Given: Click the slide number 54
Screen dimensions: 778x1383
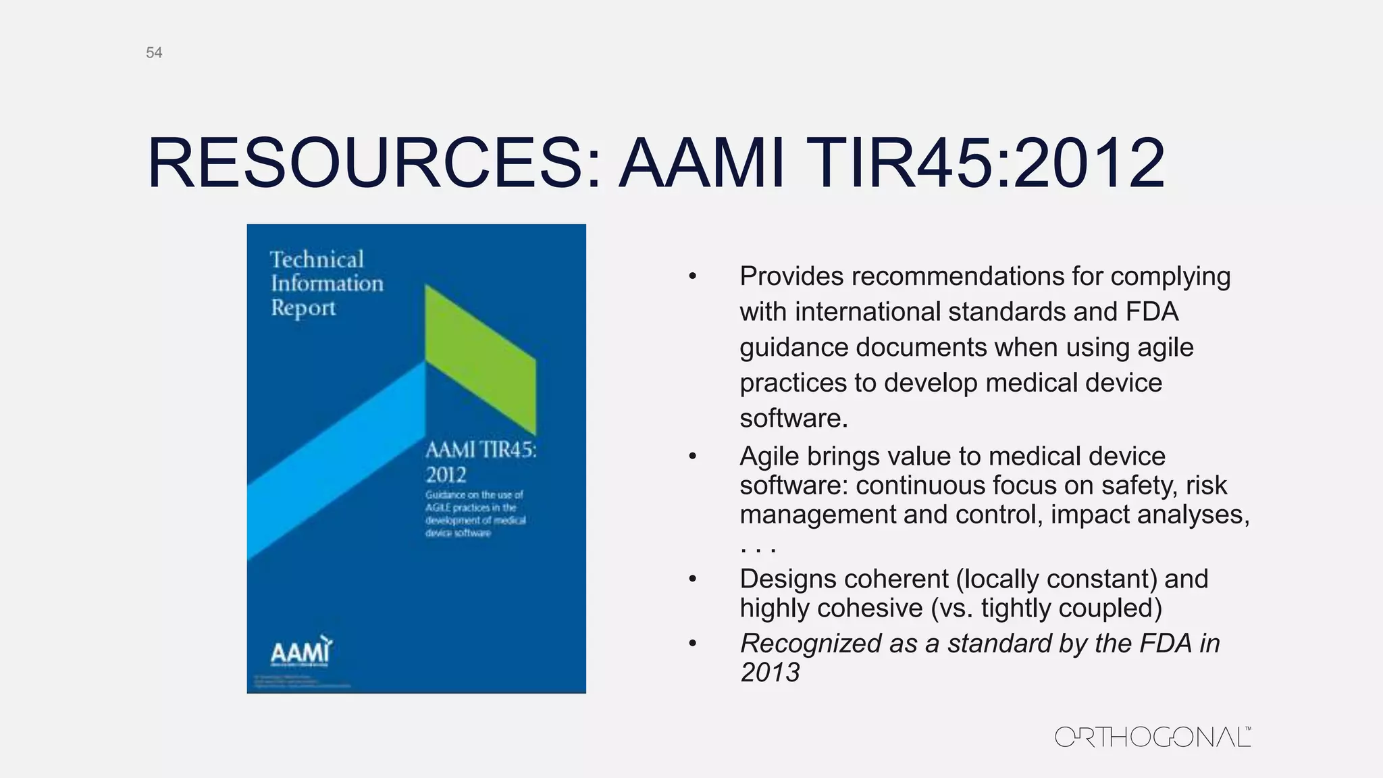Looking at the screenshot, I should click(154, 53).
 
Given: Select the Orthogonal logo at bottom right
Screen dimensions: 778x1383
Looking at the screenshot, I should click(1152, 737).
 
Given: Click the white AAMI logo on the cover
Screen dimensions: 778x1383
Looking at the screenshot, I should click(301, 652).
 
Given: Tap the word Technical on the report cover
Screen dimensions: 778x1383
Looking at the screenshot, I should click(317, 259).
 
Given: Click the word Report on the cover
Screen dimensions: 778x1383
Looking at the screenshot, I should click(303, 308).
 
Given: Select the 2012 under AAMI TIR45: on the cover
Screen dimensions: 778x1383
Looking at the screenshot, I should click(446, 475).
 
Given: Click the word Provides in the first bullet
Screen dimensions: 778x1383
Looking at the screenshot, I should click(791, 276).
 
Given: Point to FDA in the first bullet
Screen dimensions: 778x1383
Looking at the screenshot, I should click(1151, 312).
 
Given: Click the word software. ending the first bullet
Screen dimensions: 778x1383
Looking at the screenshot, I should click(793, 418).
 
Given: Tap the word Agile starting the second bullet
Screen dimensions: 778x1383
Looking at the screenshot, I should click(769, 457).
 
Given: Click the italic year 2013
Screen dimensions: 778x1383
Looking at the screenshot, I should click(770, 673).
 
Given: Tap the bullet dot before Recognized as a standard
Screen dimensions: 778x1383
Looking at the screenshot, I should click(692, 644).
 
